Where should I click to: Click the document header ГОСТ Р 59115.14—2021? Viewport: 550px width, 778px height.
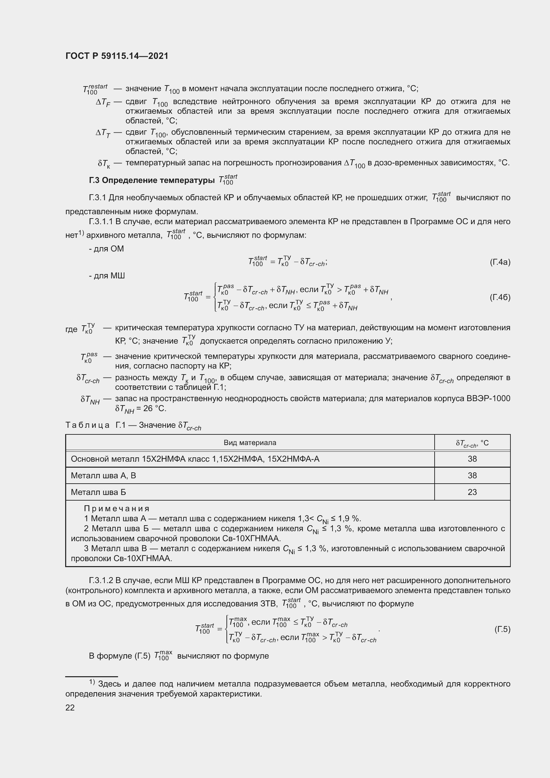click(x=117, y=56)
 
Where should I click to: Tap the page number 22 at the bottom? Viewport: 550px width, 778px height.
click(x=70, y=707)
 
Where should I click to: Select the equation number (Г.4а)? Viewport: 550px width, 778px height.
click(x=500, y=262)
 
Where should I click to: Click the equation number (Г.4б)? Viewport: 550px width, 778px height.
click(x=500, y=297)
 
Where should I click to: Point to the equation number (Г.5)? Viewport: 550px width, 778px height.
click(x=502, y=629)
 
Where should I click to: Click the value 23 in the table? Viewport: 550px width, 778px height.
click(x=472, y=492)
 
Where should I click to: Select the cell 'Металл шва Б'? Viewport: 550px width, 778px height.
click(x=98, y=492)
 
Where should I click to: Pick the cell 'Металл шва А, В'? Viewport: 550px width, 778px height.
click(x=103, y=475)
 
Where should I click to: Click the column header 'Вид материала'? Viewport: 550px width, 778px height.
click(x=250, y=442)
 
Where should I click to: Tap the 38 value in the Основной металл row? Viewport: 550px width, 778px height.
click(x=472, y=459)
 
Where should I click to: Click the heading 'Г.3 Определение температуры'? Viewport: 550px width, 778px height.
click(x=152, y=180)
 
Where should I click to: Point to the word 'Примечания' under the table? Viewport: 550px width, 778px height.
click(x=116, y=508)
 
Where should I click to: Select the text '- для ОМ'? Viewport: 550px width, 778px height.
click(x=106, y=249)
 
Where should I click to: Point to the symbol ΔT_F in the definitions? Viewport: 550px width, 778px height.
click(x=103, y=102)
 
